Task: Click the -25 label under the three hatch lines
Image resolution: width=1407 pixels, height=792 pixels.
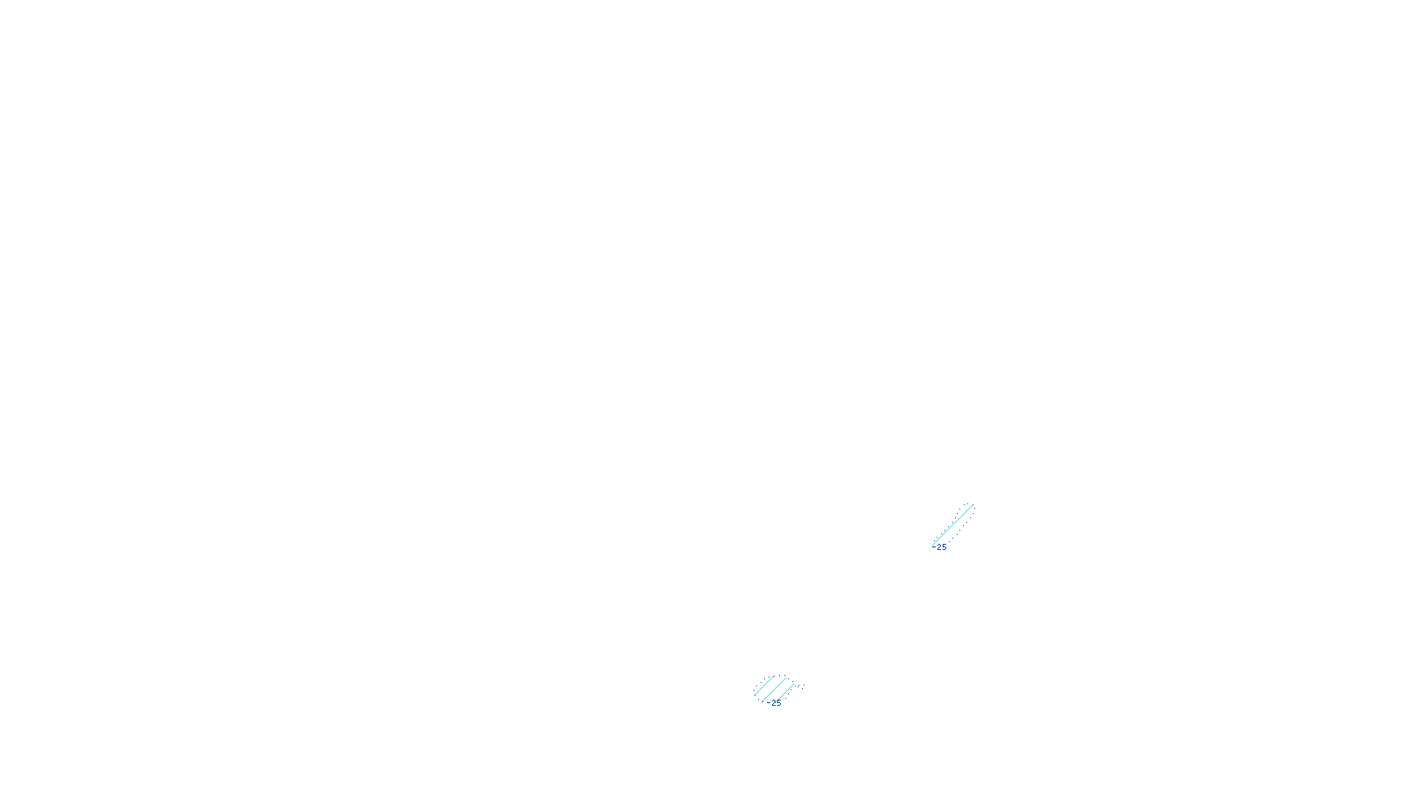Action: click(774, 703)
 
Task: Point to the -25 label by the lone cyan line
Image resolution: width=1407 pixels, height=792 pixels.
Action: click(941, 547)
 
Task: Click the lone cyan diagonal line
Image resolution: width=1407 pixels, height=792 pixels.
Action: click(952, 524)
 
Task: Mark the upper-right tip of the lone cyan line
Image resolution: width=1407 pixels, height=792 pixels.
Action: click(973, 504)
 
